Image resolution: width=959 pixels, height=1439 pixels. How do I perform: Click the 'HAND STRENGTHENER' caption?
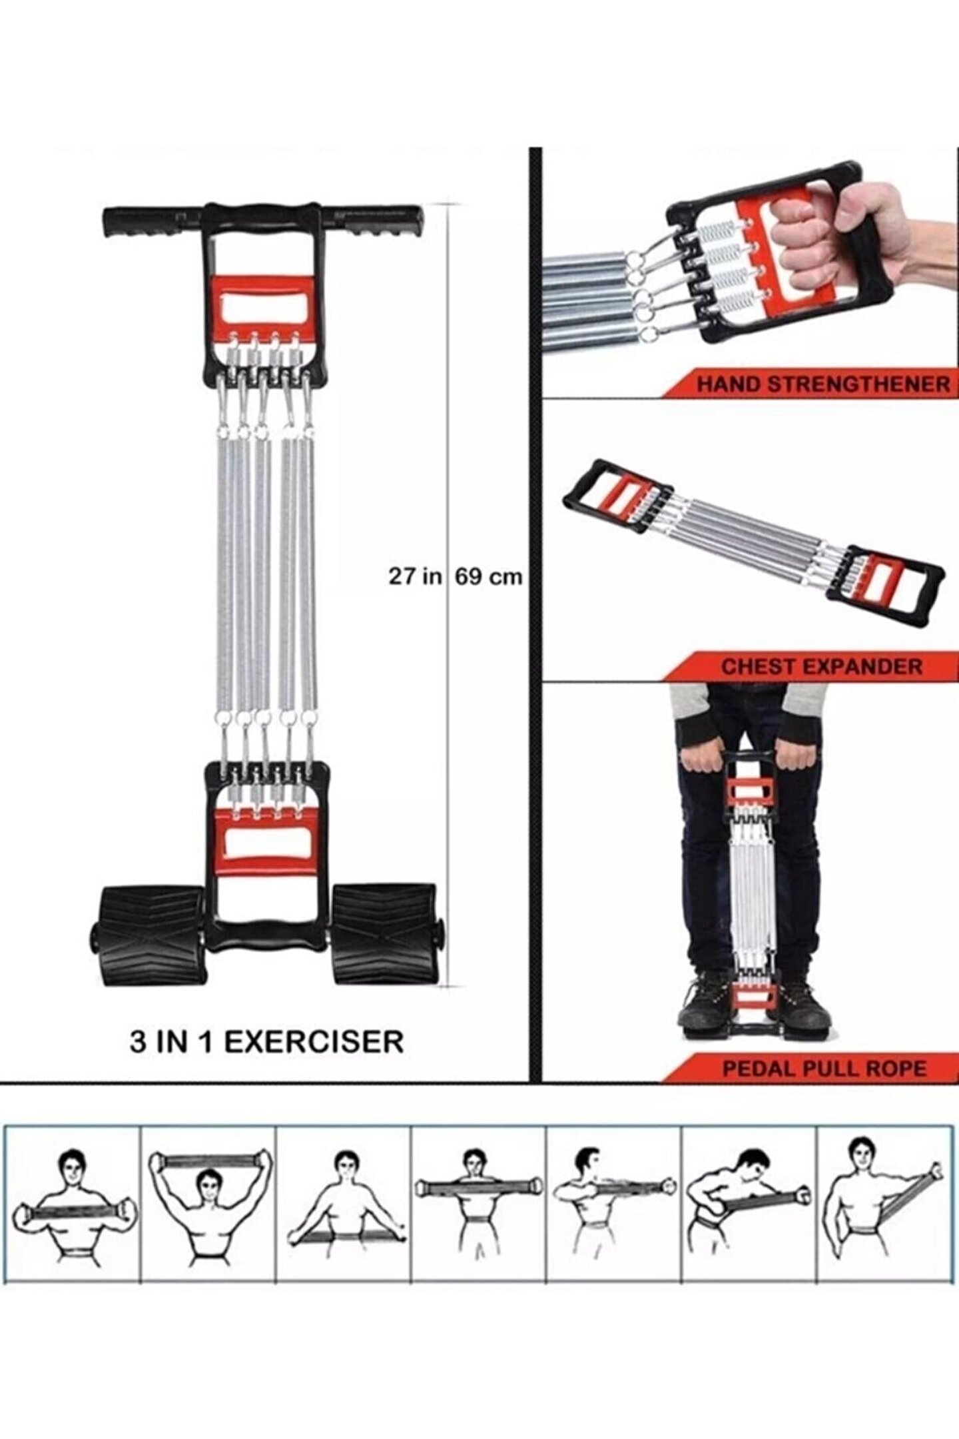823,384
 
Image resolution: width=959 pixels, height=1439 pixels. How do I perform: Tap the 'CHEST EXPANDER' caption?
822,666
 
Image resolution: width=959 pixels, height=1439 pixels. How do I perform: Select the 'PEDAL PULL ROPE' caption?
824,1069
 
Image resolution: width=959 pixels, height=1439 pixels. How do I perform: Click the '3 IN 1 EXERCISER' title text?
266,1041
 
